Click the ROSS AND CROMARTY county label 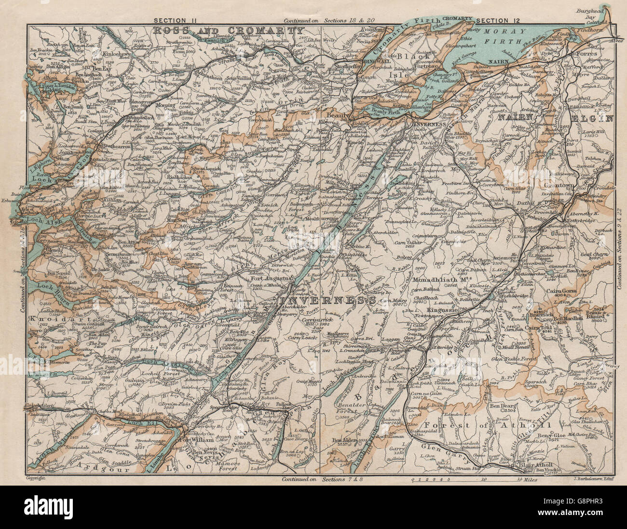(226, 30)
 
